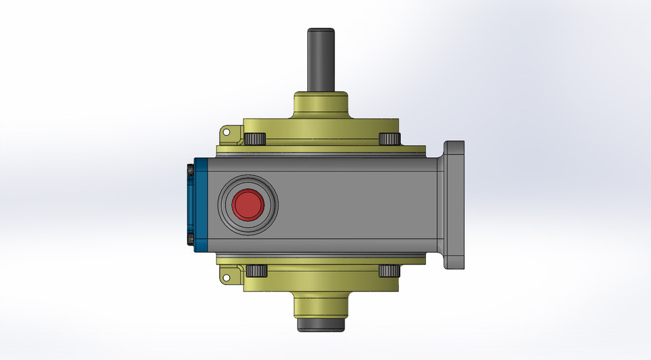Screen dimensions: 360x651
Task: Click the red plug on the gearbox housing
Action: coord(247,205)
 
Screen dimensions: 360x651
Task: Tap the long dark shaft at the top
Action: coord(321,61)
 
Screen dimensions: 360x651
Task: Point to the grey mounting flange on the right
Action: coord(454,205)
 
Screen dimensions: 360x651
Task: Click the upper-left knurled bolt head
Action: coord(254,139)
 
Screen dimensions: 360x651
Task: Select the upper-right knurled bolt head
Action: coord(388,139)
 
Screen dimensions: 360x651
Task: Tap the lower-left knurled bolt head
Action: coord(254,271)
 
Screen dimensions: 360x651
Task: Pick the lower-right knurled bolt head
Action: coord(388,271)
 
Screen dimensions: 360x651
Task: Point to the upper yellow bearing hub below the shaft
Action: coord(321,105)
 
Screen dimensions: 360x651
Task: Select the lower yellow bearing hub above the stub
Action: coord(321,304)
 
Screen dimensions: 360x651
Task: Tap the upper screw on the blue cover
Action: coord(189,168)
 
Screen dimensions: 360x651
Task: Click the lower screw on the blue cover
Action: coord(189,241)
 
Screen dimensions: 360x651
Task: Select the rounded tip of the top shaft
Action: coord(321,31)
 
